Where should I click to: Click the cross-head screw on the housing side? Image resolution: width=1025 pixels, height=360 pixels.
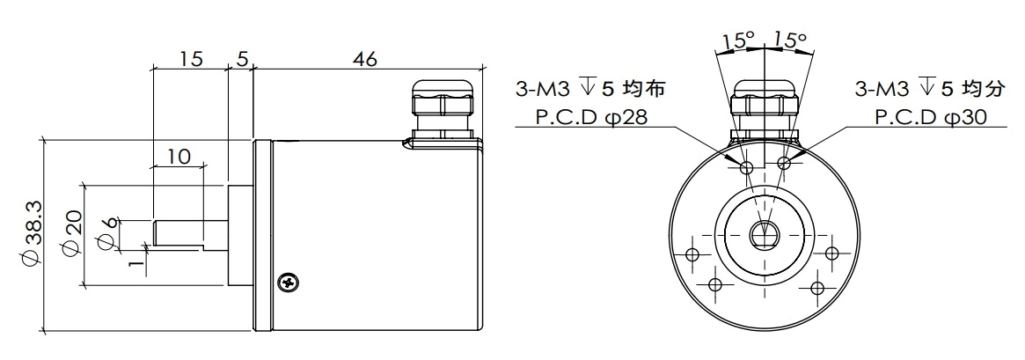[x=285, y=283]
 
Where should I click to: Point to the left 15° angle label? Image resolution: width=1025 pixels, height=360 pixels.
[x=738, y=40]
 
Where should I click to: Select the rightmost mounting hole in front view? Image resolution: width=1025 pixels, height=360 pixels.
[x=832, y=253]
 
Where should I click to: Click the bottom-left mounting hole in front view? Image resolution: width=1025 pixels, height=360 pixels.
[x=714, y=285]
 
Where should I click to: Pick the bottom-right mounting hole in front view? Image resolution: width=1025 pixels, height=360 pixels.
[x=816, y=287]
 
